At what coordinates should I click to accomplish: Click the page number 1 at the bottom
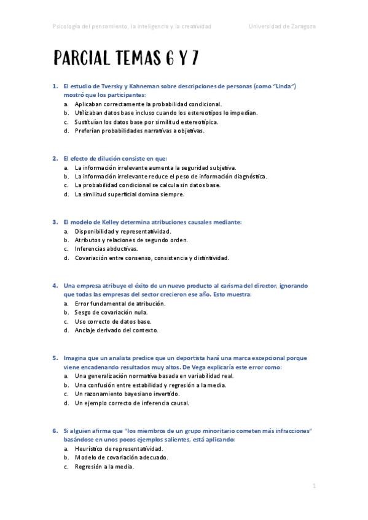313,486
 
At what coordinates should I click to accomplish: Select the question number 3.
55,221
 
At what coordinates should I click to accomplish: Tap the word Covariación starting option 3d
93,258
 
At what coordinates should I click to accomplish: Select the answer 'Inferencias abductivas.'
106,249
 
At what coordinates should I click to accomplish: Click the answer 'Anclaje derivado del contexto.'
116,330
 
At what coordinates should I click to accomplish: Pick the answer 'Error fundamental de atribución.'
120,303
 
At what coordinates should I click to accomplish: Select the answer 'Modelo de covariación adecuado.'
122,457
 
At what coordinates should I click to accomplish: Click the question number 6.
55,431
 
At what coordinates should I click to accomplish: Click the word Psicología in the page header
68,26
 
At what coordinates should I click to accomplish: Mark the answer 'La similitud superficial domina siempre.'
129,194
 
